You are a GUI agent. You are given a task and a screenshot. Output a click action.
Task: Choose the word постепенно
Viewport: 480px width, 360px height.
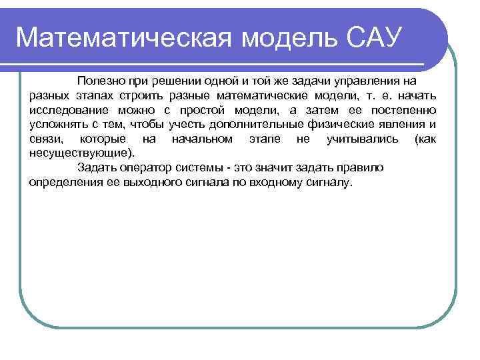pyautogui.click(x=405, y=110)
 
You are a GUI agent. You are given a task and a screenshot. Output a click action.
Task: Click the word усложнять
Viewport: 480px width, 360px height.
pyautogui.click(x=56, y=125)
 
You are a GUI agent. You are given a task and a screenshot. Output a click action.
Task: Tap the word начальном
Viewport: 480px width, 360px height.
pyautogui.click(x=202, y=139)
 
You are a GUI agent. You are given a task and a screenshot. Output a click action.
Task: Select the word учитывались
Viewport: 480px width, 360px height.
pyautogui.click(x=363, y=139)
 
